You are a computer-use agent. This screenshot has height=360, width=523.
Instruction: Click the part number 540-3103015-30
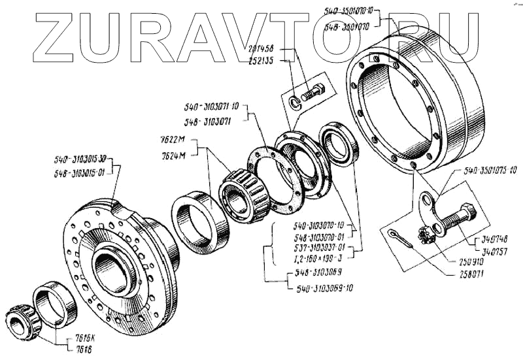click(83, 159)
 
